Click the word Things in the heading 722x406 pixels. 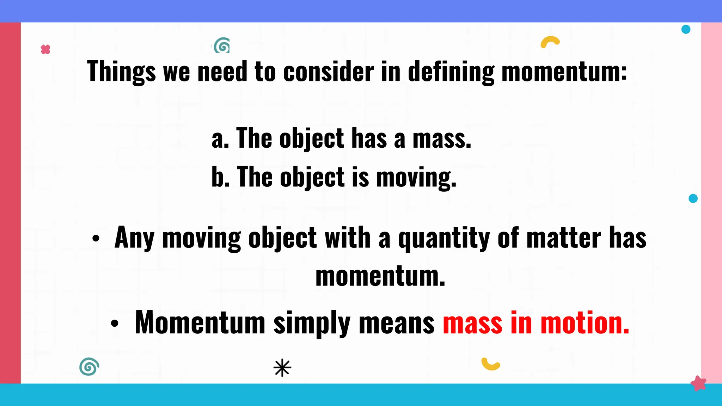point(121,72)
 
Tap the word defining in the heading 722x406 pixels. point(451,72)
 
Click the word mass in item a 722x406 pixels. point(442,139)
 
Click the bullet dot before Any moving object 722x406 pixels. point(96,239)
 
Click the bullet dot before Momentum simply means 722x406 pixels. point(115,323)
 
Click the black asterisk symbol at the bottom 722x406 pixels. point(282,368)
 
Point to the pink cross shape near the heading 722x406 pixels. point(45,49)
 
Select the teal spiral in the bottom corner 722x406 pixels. point(89,367)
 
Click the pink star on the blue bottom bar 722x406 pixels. point(698,383)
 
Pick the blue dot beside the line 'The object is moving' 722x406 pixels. point(693,198)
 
